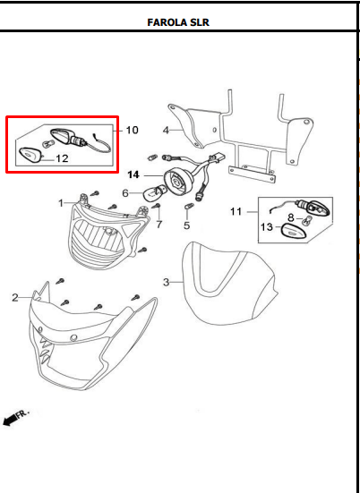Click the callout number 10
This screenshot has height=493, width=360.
click(x=132, y=131)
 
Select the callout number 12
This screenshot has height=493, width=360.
click(x=62, y=158)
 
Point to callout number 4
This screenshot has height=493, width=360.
click(x=166, y=130)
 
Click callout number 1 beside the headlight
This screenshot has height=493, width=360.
click(x=63, y=203)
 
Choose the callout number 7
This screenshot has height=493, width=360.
click(x=159, y=224)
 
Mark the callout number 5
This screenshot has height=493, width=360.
click(x=186, y=225)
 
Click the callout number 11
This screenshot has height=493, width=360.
click(x=236, y=212)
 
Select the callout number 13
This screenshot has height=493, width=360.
click(x=266, y=228)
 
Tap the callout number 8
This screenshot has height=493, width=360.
click(x=291, y=217)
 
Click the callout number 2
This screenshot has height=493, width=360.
click(x=15, y=298)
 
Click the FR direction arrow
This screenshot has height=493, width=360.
click(x=17, y=418)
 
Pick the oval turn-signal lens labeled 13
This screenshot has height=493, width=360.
click(x=294, y=231)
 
